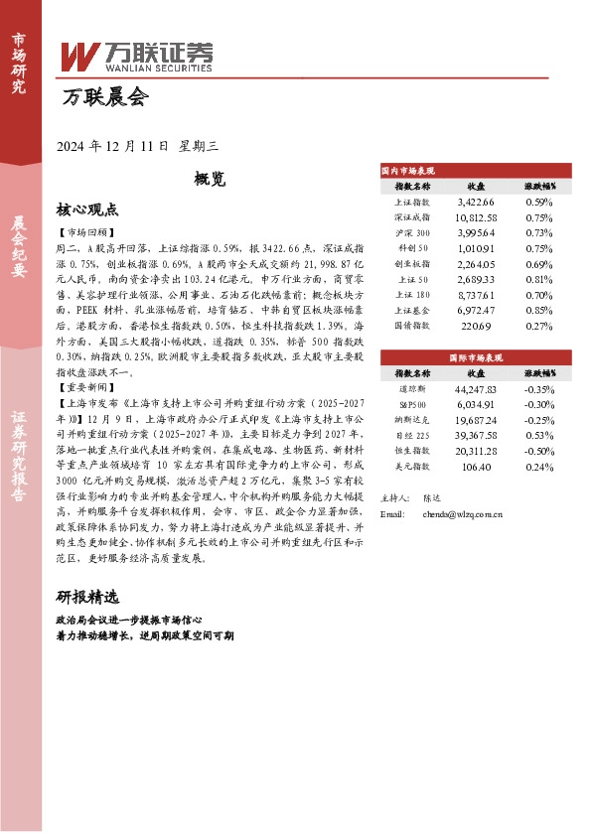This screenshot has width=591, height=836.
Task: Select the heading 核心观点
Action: pyautogui.click(x=87, y=210)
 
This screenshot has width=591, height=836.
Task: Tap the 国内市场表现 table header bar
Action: pyautogui.click(x=477, y=171)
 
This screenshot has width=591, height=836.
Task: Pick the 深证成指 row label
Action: pyautogui.click(x=412, y=216)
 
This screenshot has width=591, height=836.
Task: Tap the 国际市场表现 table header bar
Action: pyautogui.click(x=477, y=356)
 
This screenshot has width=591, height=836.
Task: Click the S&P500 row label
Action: pyautogui.click(x=412, y=404)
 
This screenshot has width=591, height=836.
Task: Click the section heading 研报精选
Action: pyautogui.click(x=87, y=598)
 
